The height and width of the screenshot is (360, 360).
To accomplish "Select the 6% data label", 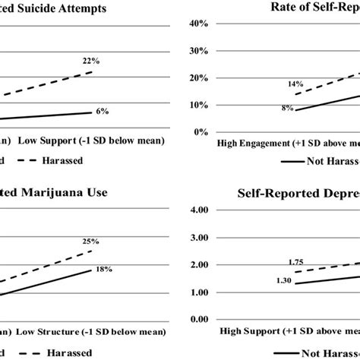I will (102, 111).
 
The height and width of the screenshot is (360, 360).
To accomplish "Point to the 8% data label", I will (287, 109).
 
